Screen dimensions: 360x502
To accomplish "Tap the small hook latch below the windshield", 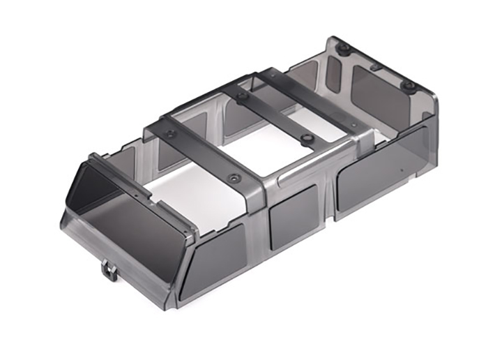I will point(107,269).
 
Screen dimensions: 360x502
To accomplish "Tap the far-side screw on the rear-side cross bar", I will point(241,96).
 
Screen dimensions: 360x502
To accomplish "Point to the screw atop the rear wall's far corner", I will point(343,49).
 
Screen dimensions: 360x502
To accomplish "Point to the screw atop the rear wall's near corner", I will point(409,87).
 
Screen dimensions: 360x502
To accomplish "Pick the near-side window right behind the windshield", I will point(212,259).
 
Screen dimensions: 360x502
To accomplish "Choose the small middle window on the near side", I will point(293,219).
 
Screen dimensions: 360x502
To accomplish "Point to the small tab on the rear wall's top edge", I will point(376,68).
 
